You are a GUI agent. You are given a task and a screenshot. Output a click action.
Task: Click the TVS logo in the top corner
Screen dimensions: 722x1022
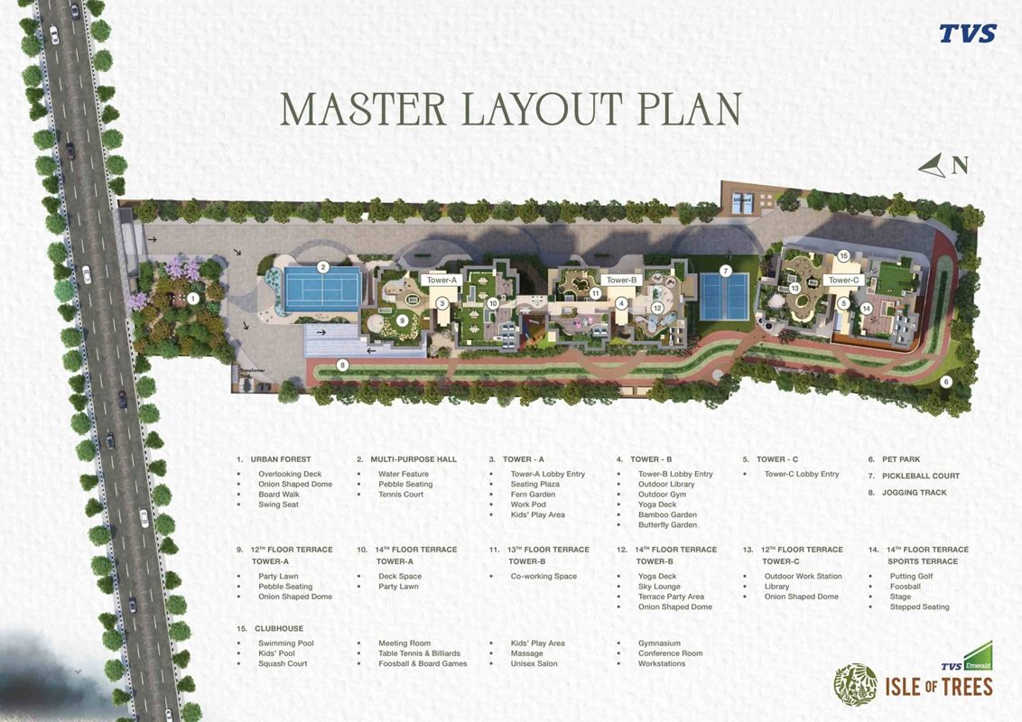pos(967,34)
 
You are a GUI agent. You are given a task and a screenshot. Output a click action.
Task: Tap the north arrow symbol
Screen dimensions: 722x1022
pos(933,165)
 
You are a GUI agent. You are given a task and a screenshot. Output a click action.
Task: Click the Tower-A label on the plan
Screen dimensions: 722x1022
pos(441,281)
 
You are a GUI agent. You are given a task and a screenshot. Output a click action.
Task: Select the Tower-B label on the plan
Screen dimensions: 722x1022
pos(621,281)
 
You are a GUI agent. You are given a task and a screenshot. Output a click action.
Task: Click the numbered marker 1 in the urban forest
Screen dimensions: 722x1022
pos(192,298)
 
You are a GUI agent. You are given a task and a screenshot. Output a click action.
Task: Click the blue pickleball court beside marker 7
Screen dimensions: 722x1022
pos(725,296)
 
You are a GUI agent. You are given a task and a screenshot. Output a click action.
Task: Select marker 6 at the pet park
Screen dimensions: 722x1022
pos(946,382)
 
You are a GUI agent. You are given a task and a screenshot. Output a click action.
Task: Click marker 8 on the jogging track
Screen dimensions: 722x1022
pos(342,366)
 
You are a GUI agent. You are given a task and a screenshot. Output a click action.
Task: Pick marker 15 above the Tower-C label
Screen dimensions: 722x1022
pos(843,256)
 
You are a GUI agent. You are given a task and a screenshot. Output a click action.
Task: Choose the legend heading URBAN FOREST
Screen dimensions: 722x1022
pos(280,459)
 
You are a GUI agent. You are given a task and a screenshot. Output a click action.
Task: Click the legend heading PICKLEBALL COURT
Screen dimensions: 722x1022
pos(921,476)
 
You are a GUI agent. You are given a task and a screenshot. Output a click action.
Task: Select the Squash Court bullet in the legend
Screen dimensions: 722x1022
pos(283,663)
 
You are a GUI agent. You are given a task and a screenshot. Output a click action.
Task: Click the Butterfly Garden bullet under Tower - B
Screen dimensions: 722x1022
pos(667,525)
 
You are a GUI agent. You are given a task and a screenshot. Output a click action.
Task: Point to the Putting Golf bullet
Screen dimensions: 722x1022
pos(911,576)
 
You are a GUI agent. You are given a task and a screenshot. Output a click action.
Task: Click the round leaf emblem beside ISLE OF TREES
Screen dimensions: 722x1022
pos(854,684)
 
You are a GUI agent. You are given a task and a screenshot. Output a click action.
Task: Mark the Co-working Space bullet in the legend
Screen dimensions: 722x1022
pos(544,576)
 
